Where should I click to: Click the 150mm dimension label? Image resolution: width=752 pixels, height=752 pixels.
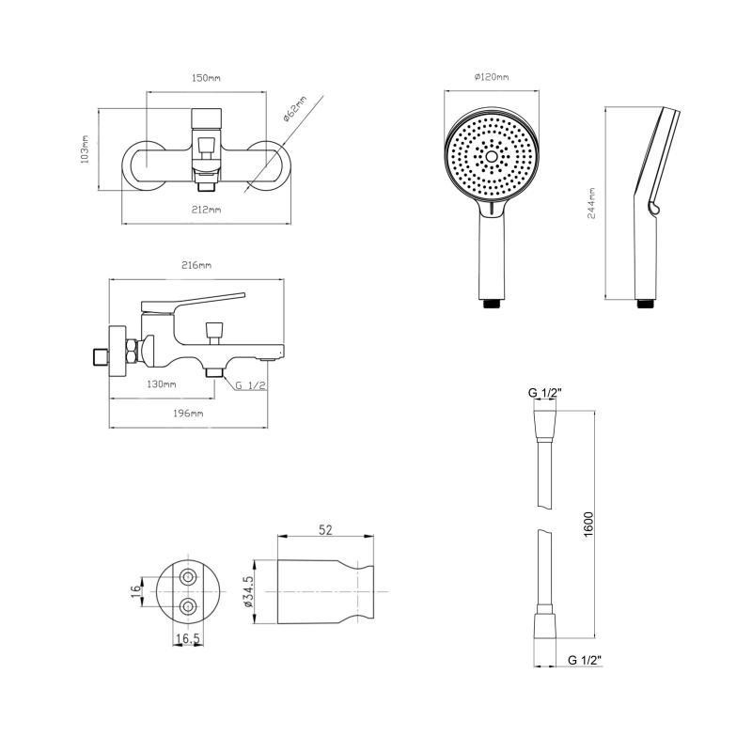click(206, 78)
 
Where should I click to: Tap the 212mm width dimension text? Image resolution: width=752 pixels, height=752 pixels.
click(206, 210)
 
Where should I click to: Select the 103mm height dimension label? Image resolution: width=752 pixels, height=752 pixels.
click(85, 149)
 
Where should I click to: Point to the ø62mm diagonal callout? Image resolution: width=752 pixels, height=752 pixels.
click(294, 109)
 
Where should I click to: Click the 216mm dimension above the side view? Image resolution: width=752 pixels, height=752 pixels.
click(196, 265)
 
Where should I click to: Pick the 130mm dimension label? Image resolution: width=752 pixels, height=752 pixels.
click(161, 384)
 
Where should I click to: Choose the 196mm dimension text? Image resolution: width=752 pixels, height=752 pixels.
click(188, 414)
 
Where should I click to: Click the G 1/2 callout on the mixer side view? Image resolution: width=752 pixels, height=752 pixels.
click(251, 385)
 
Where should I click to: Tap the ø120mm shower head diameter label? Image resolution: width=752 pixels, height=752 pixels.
click(492, 77)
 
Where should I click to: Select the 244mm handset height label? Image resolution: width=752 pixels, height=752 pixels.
click(592, 203)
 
